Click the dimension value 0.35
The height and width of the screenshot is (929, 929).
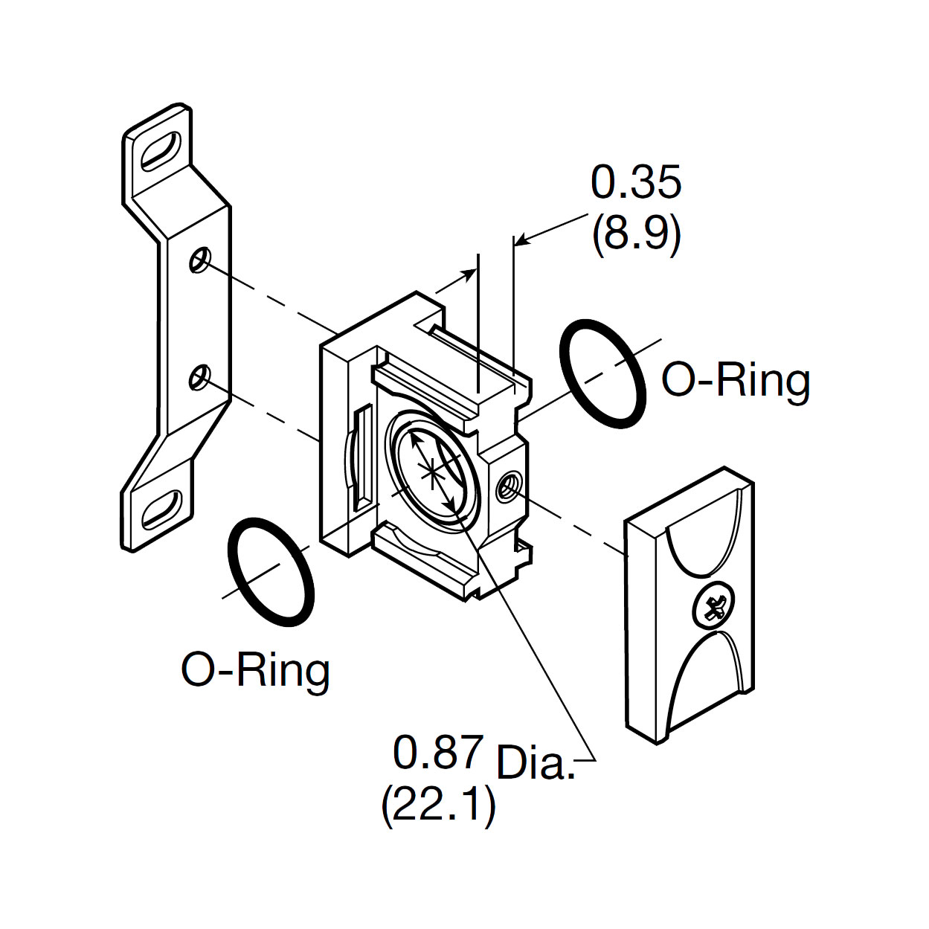pos(636,183)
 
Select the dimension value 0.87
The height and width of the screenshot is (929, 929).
pos(438,752)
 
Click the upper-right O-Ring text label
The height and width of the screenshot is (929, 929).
pos(736,380)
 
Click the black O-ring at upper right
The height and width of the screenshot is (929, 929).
pos(602,374)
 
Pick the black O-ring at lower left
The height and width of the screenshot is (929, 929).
pos(271,572)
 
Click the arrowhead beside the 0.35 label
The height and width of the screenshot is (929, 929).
pos(521,240)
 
